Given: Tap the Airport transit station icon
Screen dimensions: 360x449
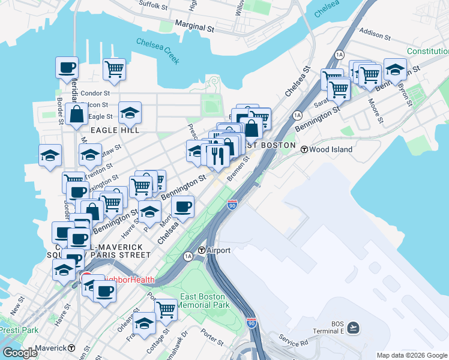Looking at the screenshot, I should coord(202,250).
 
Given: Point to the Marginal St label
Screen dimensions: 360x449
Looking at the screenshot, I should coord(194,26).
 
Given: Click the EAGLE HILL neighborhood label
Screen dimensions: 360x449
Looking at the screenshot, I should coord(115,130).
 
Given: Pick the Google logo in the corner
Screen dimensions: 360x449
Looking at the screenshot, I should coord(19,353).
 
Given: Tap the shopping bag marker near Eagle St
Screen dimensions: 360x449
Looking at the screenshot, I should coord(77,114).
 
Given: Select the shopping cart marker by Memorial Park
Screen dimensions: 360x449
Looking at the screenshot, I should coord(166,310).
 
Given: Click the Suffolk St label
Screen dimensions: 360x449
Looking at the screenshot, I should coord(153,5).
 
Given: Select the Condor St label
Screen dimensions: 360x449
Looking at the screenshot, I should coord(95,93).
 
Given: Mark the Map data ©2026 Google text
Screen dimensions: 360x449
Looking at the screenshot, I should coord(411,355).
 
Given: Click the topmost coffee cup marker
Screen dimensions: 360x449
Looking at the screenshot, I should coord(67,67).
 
